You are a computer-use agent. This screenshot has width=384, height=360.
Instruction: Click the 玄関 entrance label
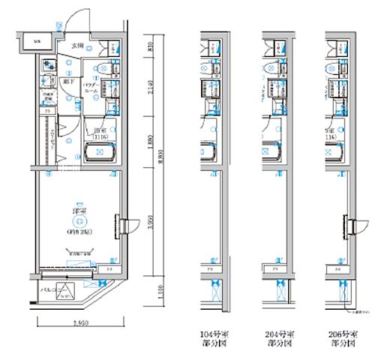[x=77, y=46]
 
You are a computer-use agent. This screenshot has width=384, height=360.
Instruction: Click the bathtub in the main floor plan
[x=98, y=154]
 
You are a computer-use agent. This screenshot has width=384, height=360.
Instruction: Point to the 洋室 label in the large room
[x=77, y=211]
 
